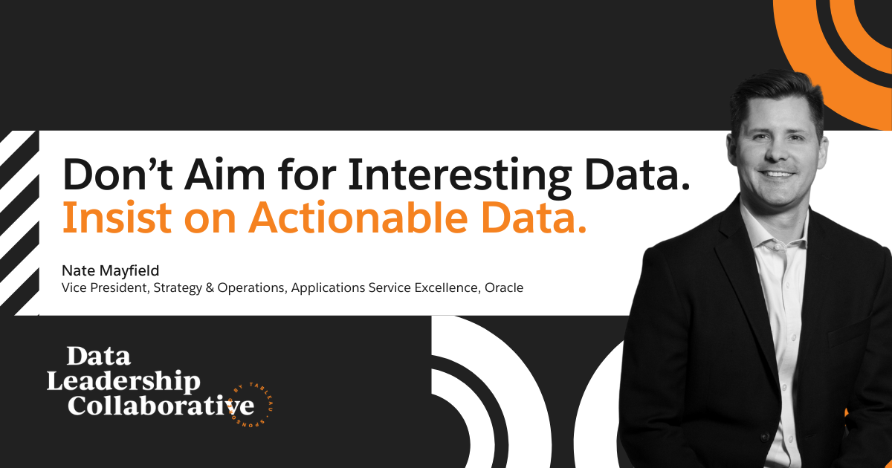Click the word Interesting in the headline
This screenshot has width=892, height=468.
click(x=460, y=176)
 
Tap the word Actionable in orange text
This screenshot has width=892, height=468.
click(x=358, y=218)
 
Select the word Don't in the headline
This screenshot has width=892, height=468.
click(x=117, y=175)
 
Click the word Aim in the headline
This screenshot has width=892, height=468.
click(x=224, y=175)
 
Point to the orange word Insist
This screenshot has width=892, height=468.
click(x=117, y=218)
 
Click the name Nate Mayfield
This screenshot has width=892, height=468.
click(x=110, y=270)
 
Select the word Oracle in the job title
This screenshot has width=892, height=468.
click(x=504, y=287)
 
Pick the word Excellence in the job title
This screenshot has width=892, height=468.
click(x=447, y=287)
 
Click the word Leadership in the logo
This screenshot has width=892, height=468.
click(x=123, y=381)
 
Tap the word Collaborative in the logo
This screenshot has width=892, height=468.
click(x=161, y=405)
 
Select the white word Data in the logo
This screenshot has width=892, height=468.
click(x=98, y=356)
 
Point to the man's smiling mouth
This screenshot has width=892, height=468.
click(x=777, y=174)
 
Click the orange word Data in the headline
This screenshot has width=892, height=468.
click(x=534, y=218)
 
